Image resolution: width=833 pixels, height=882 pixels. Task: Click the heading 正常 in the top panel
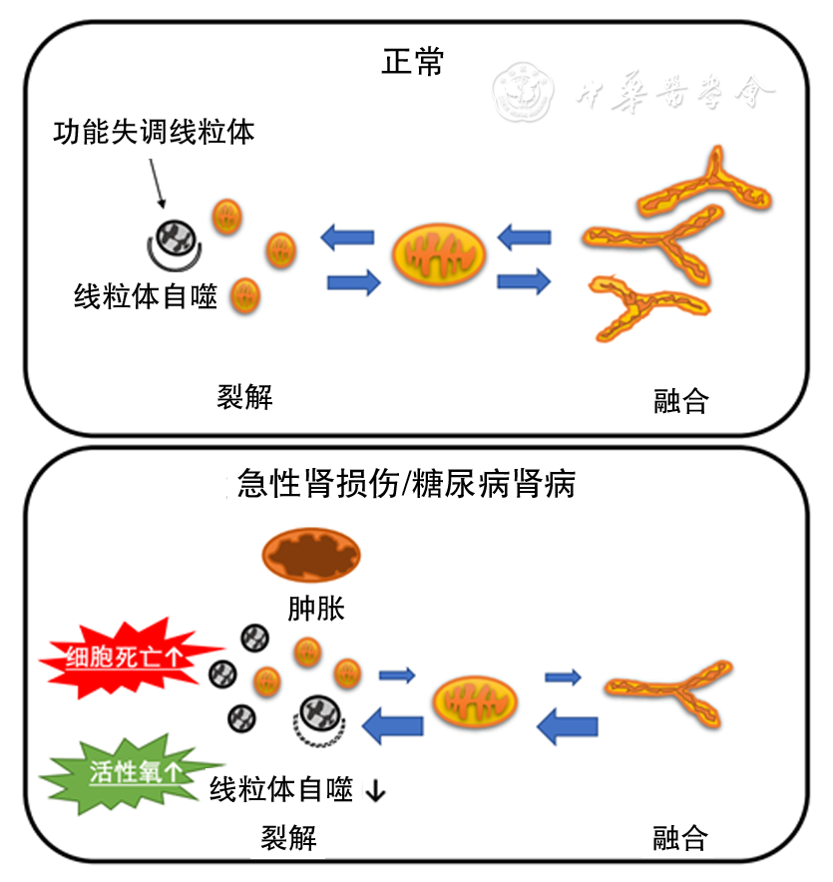(413, 62)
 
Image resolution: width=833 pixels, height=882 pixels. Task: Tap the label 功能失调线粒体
(154, 131)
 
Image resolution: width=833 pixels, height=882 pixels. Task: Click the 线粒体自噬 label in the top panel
(146, 296)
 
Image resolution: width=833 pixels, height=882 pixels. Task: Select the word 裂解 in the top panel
(244, 397)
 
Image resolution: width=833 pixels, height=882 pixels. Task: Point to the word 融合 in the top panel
(680, 402)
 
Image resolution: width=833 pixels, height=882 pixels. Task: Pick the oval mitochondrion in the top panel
(439, 253)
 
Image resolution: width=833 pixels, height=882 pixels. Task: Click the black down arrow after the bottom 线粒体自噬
(376, 792)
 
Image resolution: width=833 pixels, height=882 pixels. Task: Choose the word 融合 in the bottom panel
(680, 838)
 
